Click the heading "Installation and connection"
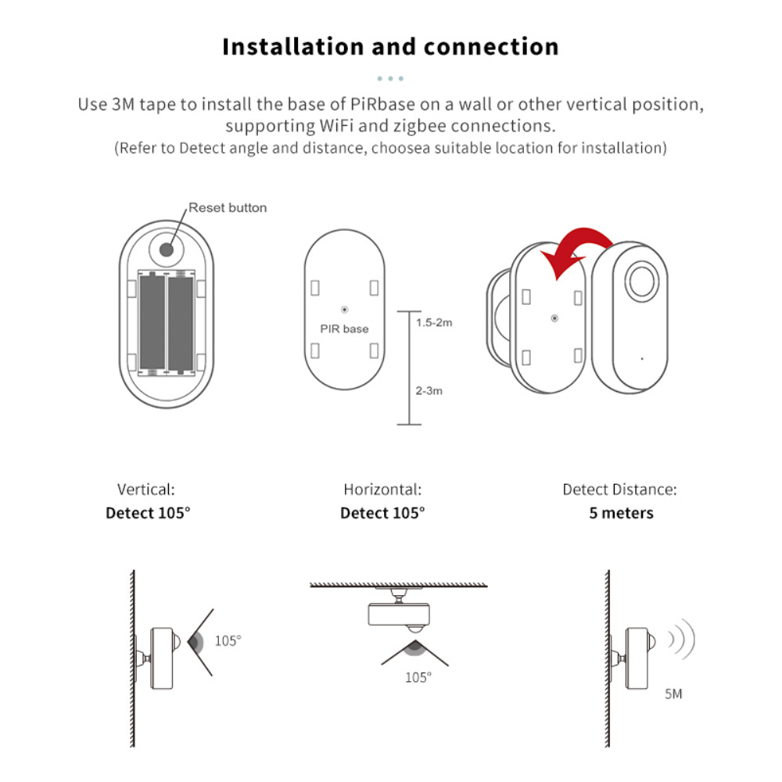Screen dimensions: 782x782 390,46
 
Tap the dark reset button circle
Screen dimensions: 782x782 167,249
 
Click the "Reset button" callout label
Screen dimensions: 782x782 228,208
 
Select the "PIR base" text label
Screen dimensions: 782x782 344,328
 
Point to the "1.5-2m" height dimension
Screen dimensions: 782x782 434,322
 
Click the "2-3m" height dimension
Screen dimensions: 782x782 429,390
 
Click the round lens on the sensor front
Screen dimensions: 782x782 640,282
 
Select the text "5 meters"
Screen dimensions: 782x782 621,514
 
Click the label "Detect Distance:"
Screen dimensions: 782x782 619,490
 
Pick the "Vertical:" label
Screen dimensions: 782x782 146,490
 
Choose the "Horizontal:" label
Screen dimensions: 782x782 382,490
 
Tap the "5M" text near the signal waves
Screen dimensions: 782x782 673,694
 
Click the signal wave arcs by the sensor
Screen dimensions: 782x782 680,640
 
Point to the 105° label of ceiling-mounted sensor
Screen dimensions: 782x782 418,678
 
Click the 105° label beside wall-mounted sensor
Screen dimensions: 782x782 228,640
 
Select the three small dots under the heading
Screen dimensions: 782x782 390,79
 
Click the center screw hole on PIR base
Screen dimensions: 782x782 345,309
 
